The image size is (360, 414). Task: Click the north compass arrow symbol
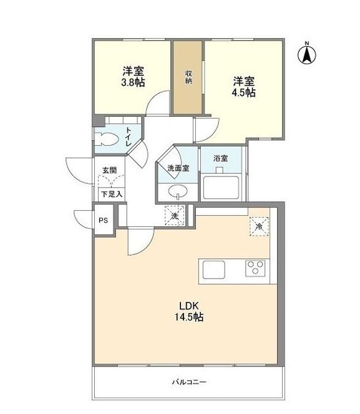click(307, 55)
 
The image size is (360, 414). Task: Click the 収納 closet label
click(187, 77)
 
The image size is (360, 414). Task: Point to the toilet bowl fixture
click(104, 137)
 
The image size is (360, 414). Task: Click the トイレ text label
click(128, 136)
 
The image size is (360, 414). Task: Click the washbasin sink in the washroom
click(178, 191)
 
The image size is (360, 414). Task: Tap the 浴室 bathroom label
click(220, 158)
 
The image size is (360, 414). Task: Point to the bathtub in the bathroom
click(221, 186)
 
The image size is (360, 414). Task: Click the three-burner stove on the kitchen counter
click(255, 269)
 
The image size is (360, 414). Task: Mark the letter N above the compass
click(307, 42)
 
